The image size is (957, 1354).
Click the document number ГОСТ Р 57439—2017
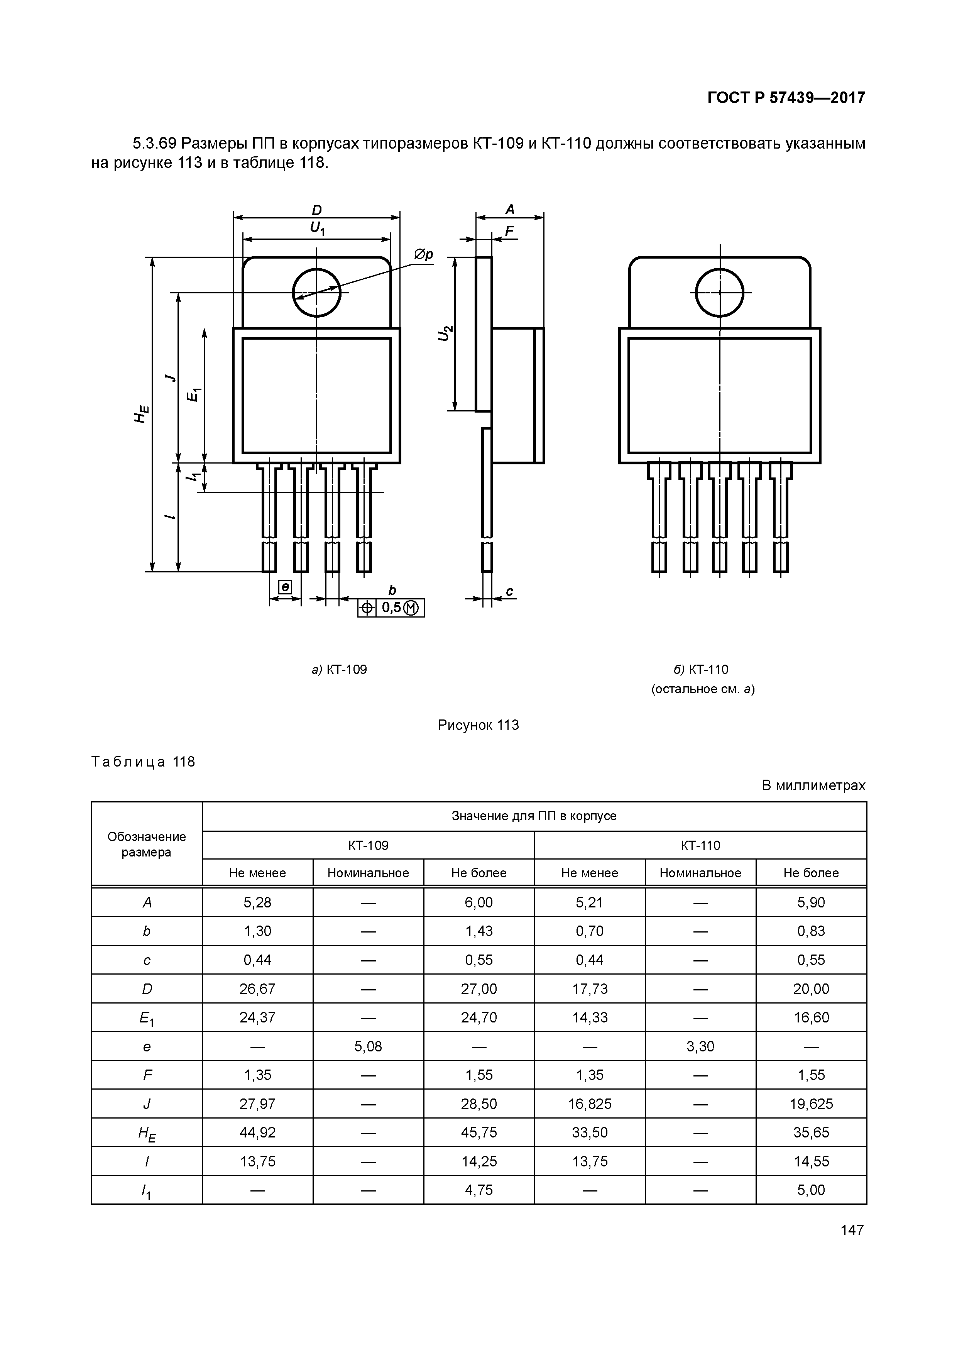pyautogui.click(x=786, y=98)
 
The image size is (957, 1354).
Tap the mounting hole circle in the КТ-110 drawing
pyautogui.click(x=719, y=293)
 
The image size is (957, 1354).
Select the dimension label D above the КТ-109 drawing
pyautogui.click(x=317, y=210)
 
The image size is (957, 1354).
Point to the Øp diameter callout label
pyautogui.click(x=423, y=254)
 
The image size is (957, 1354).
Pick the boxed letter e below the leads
pyautogui.click(x=285, y=587)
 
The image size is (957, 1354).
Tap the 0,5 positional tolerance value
pyautogui.click(x=391, y=608)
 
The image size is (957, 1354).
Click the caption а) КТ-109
pyautogui.click(x=339, y=669)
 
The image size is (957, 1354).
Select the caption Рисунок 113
pyautogui.click(x=478, y=725)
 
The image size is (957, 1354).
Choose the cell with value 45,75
pyautogui.click(x=479, y=1132)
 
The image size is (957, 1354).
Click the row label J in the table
pyautogui.click(x=147, y=1104)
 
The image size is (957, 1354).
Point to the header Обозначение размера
pyautogui.click(x=147, y=844)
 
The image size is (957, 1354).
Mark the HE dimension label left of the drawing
pyautogui.click(x=141, y=415)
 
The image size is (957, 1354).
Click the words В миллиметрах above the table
pyautogui.click(x=813, y=785)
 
